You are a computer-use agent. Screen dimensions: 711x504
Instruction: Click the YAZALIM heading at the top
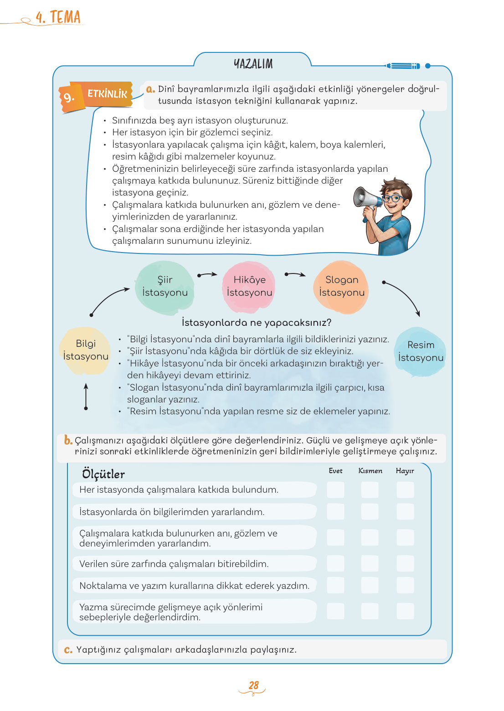253,64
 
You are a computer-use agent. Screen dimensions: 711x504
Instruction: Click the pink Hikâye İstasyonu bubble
249,287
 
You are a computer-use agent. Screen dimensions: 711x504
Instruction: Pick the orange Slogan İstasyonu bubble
341,287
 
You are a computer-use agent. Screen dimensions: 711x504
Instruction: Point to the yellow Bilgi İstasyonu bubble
86,350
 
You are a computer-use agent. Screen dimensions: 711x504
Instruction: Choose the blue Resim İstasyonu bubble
420,351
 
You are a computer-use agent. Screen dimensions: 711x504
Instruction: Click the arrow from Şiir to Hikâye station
207,275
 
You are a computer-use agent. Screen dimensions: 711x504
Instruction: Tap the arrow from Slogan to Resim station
402,297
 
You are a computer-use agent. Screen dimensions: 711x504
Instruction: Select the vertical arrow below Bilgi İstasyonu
86,397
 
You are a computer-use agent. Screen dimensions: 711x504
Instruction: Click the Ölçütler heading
103,474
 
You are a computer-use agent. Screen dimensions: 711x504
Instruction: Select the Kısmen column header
370,471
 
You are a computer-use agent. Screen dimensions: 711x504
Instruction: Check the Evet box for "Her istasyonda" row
335,490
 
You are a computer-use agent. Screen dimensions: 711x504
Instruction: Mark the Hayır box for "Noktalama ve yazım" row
405,585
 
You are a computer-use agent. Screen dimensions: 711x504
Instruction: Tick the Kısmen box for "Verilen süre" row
370,564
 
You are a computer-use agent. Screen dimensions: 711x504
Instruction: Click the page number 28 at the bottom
253,685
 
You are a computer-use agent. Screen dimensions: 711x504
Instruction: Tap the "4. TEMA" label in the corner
58,17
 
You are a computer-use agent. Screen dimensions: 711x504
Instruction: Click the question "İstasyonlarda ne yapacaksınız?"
257,323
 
